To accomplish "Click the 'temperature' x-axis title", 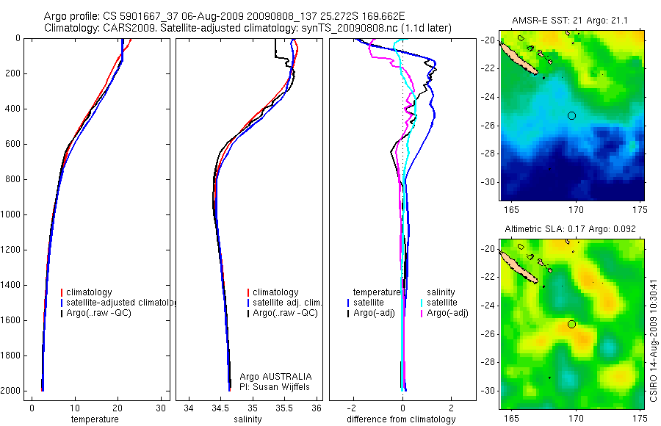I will click(94, 419).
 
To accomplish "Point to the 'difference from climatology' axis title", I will click(401, 419).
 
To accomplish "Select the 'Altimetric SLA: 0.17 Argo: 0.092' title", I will click(571, 230).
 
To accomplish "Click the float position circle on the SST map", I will click(571, 115).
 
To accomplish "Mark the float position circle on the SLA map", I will click(571, 324).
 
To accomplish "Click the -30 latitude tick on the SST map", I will click(488, 181).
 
